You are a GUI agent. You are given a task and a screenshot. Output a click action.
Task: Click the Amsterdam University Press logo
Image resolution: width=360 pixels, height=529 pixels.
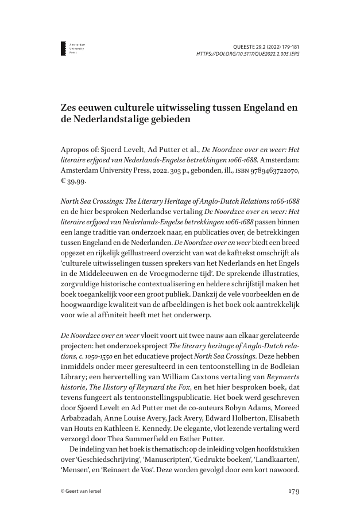[x=64, y=48]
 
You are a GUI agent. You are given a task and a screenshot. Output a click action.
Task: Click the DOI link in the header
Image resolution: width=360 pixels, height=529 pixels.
[x=247, y=53]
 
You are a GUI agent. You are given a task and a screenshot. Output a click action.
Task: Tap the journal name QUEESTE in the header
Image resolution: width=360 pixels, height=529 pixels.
[x=246, y=45]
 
